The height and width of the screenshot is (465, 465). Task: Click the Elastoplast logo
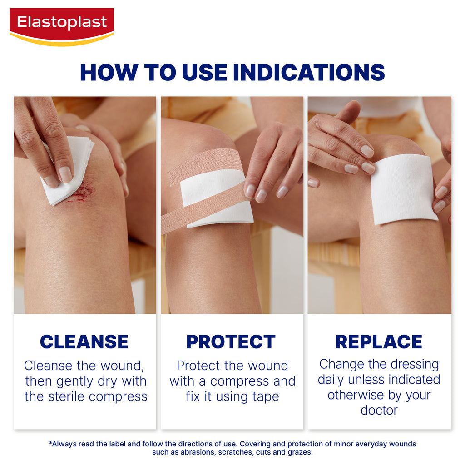click(x=62, y=27)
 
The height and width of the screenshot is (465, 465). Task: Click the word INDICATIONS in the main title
click(x=309, y=72)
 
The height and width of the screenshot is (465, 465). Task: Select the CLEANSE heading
click(x=84, y=341)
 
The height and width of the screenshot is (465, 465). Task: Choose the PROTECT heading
click(x=231, y=341)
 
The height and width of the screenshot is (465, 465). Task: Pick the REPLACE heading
click(x=379, y=341)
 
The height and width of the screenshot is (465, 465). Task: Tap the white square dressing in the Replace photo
click(x=403, y=190)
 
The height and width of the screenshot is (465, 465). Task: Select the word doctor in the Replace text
click(x=379, y=411)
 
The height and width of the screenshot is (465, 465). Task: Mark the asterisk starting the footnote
click(x=50, y=443)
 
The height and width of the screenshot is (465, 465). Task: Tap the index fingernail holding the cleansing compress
click(x=65, y=174)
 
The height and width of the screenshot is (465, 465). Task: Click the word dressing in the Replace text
click(x=415, y=365)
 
